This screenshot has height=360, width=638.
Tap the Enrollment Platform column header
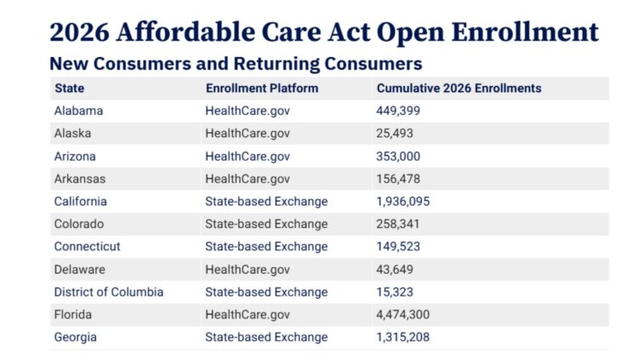262,88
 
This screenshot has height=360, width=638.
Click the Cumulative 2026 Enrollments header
459,88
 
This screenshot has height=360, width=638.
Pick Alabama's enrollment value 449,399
398,111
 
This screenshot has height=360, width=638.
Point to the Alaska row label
72,134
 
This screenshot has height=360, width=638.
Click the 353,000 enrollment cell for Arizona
398,157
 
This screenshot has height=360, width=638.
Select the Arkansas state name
80,179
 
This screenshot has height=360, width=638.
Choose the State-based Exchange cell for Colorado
266,224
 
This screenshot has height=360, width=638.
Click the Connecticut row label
87,247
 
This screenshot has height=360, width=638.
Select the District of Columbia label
108,292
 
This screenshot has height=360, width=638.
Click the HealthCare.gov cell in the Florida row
248,315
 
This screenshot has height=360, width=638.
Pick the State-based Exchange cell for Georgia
266,337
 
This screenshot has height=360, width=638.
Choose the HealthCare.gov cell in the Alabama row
248,111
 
